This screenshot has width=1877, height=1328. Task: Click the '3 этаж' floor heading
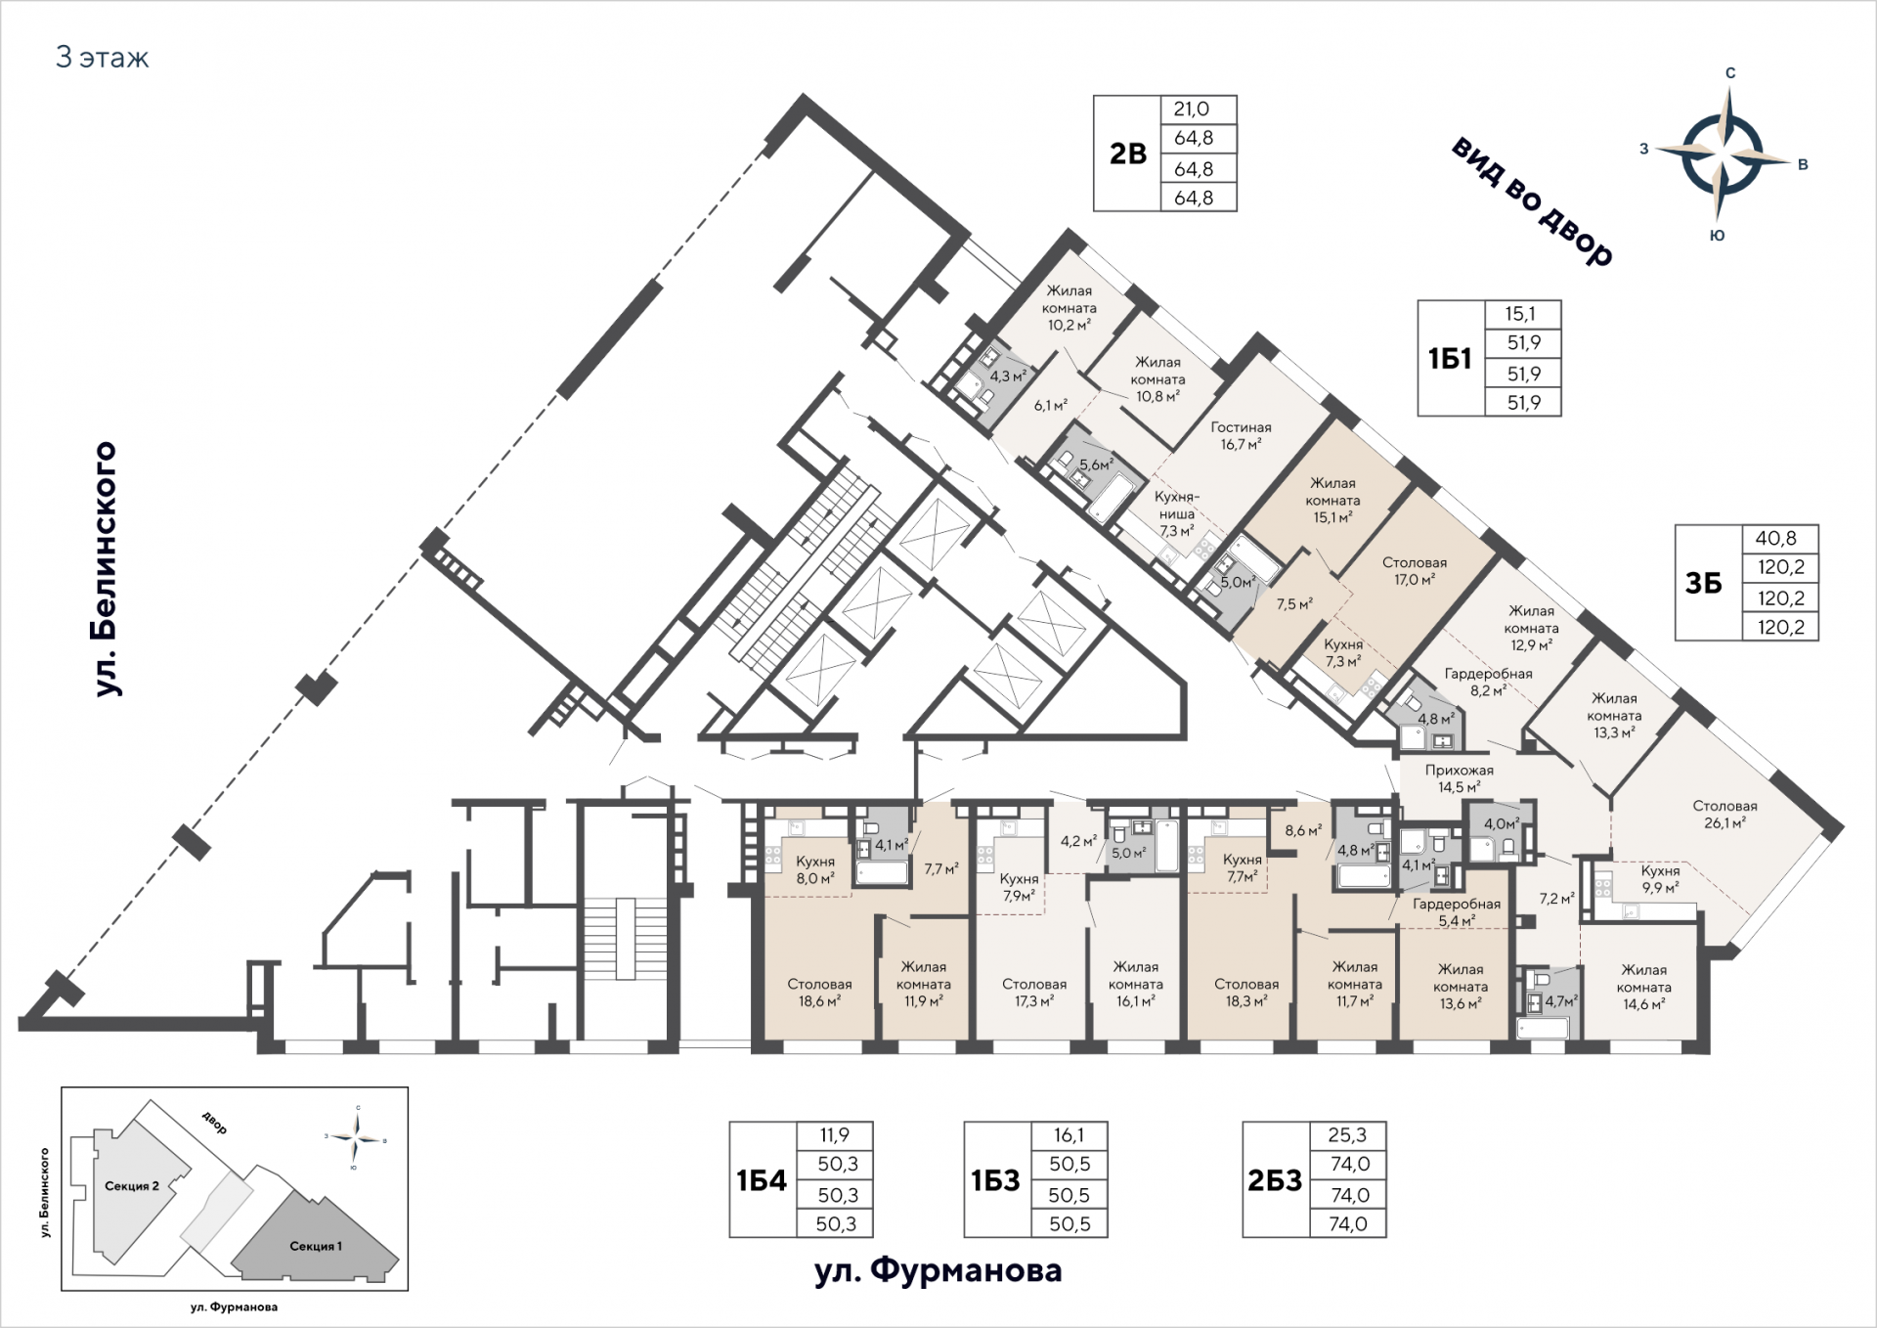(103, 58)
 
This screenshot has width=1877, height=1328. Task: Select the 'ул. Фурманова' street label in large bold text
(938, 1270)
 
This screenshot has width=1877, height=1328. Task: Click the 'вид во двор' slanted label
(1532, 201)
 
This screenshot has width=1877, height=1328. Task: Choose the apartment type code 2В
(1127, 154)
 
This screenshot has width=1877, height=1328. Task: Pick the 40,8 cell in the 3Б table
(1780, 539)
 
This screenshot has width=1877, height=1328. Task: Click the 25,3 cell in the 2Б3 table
(1347, 1135)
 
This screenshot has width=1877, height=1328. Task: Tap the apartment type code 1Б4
(762, 1180)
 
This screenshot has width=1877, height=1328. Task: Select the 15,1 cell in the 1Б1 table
(1520, 314)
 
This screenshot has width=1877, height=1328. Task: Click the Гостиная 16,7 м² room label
(1241, 435)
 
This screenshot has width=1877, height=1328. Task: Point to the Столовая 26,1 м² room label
(1724, 815)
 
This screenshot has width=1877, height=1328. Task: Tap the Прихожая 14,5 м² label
(1459, 778)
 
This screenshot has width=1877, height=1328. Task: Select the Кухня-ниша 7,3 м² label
(1176, 514)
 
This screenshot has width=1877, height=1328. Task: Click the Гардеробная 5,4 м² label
(1457, 912)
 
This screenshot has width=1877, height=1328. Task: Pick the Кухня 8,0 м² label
(815, 870)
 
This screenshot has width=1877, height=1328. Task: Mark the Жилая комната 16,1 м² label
(1135, 984)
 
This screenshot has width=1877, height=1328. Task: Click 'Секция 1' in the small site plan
(316, 1246)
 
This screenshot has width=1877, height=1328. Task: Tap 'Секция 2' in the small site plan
(131, 1186)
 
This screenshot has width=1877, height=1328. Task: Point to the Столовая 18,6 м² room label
(819, 993)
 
